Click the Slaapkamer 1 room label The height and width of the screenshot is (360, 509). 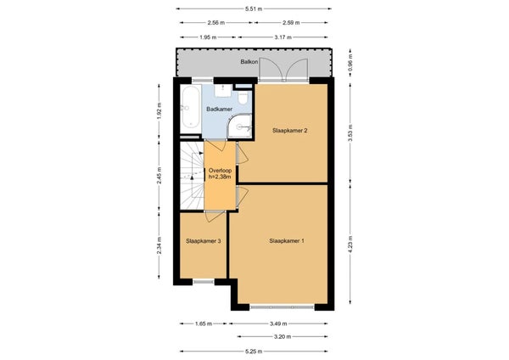pos(287,241)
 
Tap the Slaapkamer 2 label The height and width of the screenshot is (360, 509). pos(290,131)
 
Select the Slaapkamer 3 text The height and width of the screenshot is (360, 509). pos(204,241)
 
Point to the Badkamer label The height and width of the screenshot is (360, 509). pos(220,110)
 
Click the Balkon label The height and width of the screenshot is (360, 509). pos(249,61)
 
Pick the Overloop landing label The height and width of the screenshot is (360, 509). pos(220,173)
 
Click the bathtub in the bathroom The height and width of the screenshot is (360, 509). pos(191,107)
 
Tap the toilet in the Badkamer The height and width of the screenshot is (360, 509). pos(243,97)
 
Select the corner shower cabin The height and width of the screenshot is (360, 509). pos(239,127)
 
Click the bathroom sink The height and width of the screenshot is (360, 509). pos(223,90)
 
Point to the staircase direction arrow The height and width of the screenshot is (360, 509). pos(192,177)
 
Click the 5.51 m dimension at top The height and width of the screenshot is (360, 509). pos(254,9)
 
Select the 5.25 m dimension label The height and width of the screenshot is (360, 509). pos(254,352)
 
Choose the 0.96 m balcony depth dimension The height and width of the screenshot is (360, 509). pos(350,62)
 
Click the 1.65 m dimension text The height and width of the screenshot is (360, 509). pos(204,323)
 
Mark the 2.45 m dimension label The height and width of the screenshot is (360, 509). pos(159,176)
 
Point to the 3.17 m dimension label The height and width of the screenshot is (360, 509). pos(283,37)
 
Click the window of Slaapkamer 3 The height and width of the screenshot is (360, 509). pos(204,282)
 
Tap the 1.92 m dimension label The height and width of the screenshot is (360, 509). pos(159,111)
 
